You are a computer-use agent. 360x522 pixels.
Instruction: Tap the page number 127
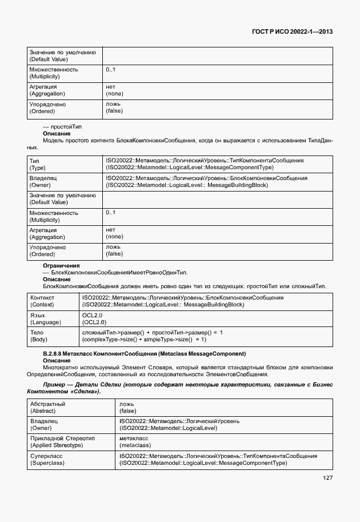326,478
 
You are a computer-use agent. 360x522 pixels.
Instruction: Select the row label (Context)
42,305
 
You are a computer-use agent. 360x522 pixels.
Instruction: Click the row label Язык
38,315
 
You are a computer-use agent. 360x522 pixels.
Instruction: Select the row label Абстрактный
47,404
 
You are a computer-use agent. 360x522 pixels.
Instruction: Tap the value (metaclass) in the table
135,445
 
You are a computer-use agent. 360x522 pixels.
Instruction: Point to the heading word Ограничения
61,266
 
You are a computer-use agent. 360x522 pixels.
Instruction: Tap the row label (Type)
37,168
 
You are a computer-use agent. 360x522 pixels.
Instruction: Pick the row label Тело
37,332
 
